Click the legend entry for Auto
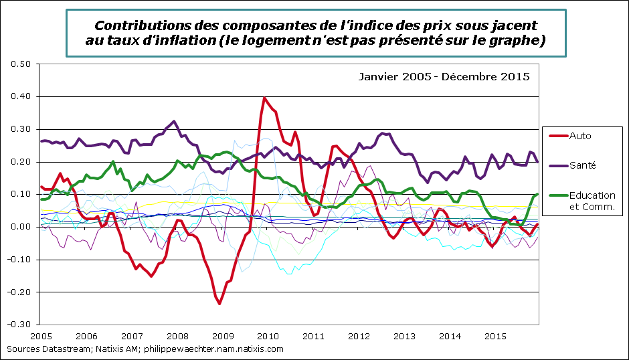coord(579,136)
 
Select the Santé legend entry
coord(582,165)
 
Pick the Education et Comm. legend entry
coord(592,201)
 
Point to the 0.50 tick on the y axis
coord(23,64)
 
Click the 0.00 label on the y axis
coord(23,227)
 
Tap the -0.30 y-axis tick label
coord(21,325)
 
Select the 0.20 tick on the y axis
coord(23,162)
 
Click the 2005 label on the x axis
coord(41,336)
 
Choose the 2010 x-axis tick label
coord(268,336)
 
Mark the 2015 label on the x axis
coord(494,336)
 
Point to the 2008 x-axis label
coord(177,336)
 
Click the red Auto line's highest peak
coord(265,98)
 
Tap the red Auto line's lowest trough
coord(219,303)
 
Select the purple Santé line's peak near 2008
coord(174,122)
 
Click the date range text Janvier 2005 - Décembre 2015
coord(444,76)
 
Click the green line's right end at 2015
coord(537,195)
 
